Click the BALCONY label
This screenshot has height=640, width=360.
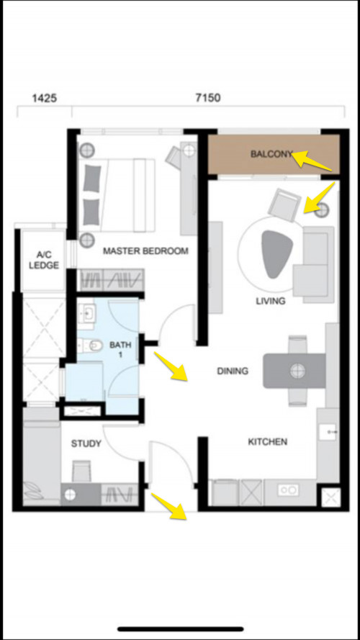click(272, 154)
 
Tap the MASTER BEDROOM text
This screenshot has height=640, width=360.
click(145, 251)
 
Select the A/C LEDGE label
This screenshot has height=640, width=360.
click(42, 261)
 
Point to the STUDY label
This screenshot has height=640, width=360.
click(86, 443)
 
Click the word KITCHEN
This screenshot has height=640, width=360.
click(268, 441)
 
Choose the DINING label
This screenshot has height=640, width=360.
click(233, 371)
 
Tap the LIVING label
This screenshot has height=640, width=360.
click(271, 301)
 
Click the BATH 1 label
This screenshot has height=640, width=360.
click(120, 350)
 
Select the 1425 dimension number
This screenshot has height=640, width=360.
click(44, 99)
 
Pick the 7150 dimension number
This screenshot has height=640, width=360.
click(208, 99)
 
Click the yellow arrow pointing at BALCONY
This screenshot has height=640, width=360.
click(312, 161)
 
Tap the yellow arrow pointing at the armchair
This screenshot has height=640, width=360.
click(320, 198)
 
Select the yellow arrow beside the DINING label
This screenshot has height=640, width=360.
click(171, 367)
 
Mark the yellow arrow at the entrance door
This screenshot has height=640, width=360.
click(169, 506)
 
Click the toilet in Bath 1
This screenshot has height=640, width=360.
click(90, 346)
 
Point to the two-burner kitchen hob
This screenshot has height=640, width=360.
click(288, 490)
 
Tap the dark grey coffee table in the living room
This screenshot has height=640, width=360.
click(276, 254)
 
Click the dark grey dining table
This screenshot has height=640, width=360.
click(294, 371)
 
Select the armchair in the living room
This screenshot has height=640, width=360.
click(284, 204)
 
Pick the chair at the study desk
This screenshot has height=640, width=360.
click(82, 471)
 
